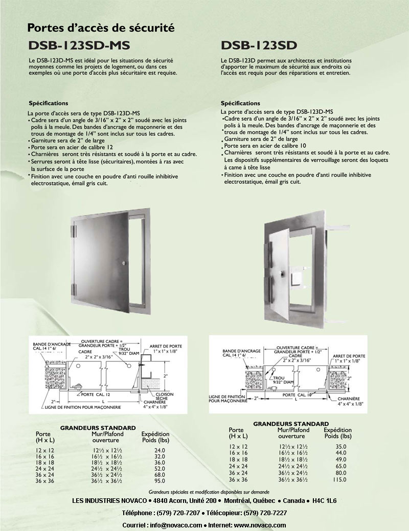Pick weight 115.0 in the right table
[x=338, y=480]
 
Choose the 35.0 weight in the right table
[x=338, y=447]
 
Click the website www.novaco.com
[x=260, y=525]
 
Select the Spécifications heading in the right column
[x=240, y=103]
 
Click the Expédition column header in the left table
[x=155, y=434]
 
